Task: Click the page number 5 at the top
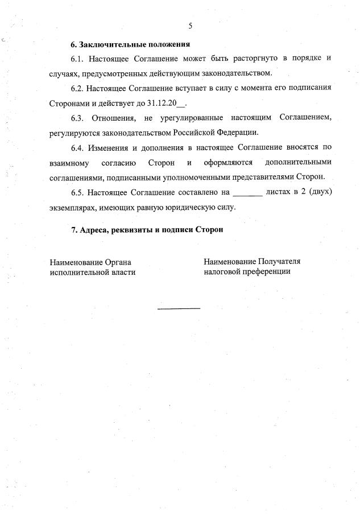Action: tap(191, 25)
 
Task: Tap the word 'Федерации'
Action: tap(238, 133)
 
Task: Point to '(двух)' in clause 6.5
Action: tap(320, 192)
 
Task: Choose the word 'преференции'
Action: tap(264, 271)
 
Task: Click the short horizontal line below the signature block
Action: tap(179, 308)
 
